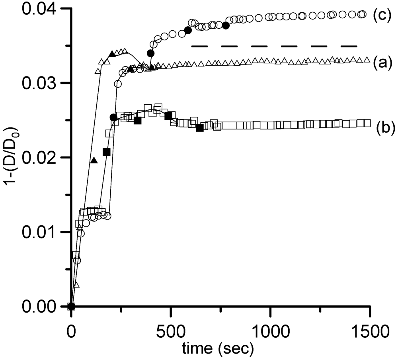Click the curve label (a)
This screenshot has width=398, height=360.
pos(382,61)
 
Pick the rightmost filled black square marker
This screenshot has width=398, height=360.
pos(200,127)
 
